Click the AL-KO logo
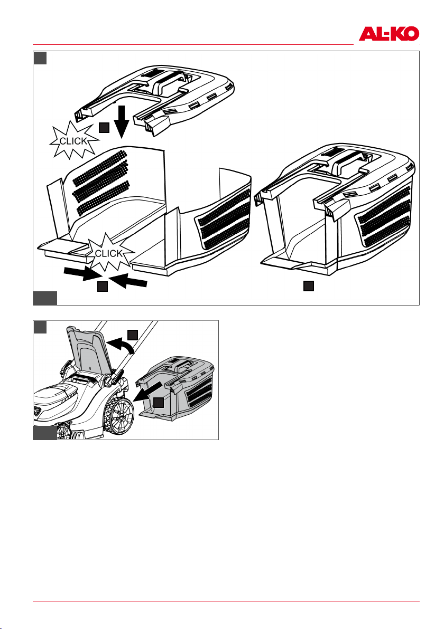click(x=389, y=34)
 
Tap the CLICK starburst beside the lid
click(x=75, y=140)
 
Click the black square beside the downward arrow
click(x=105, y=127)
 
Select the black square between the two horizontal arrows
click(x=104, y=287)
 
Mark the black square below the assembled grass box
click(x=309, y=287)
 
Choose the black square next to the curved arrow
click(x=133, y=334)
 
